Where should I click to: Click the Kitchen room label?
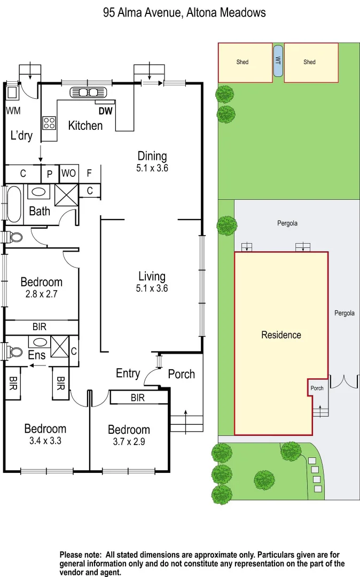pos(85,126)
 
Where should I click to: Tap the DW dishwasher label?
pos(105,112)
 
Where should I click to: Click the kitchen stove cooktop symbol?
pos(50,123)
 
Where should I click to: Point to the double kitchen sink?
pos(82,92)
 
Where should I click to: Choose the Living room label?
pos(152,276)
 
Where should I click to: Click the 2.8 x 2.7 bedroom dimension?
pos(41,294)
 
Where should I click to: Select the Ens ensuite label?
pos(36,354)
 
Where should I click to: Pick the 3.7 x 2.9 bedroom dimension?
pos(129,442)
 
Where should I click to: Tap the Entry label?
pos(128,373)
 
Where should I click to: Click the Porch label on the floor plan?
pos(182,374)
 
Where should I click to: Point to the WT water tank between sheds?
pos(278,61)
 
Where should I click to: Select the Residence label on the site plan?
pos(281,335)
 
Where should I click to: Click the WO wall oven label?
pos(68,174)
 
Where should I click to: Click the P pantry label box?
pos(50,174)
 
